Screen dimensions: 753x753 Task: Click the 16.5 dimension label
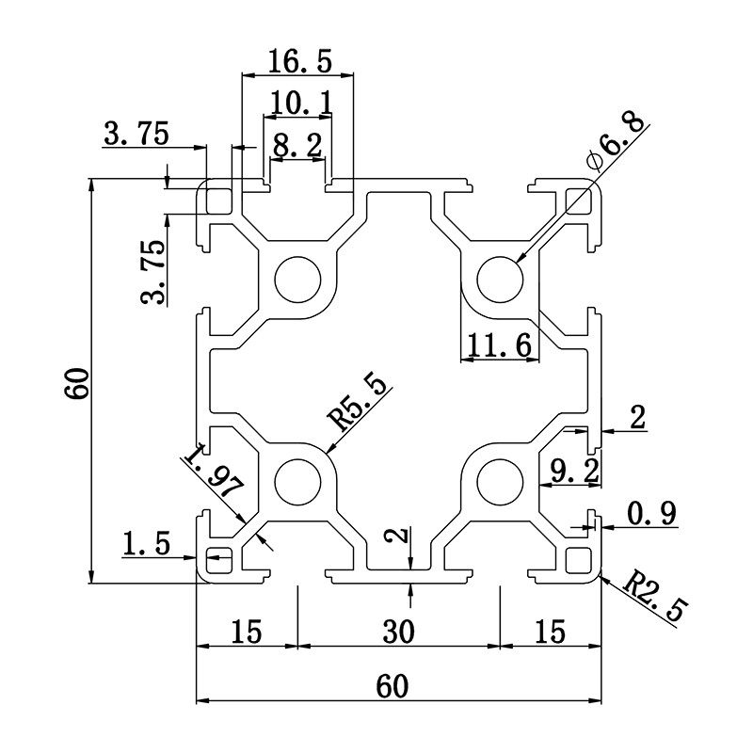click(299, 62)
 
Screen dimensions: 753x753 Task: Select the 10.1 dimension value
click(300, 102)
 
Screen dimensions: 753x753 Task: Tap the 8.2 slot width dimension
click(296, 145)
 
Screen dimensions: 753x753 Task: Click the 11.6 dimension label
click(500, 347)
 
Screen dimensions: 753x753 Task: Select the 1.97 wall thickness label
click(214, 475)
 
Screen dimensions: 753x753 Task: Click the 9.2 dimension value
click(573, 471)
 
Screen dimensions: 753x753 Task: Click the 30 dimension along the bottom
click(398, 632)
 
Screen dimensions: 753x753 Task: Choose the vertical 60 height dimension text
click(76, 383)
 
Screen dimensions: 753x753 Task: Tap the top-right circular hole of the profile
click(500, 280)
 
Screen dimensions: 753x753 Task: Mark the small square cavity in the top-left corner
click(219, 200)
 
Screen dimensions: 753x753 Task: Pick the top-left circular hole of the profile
click(297, 280)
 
